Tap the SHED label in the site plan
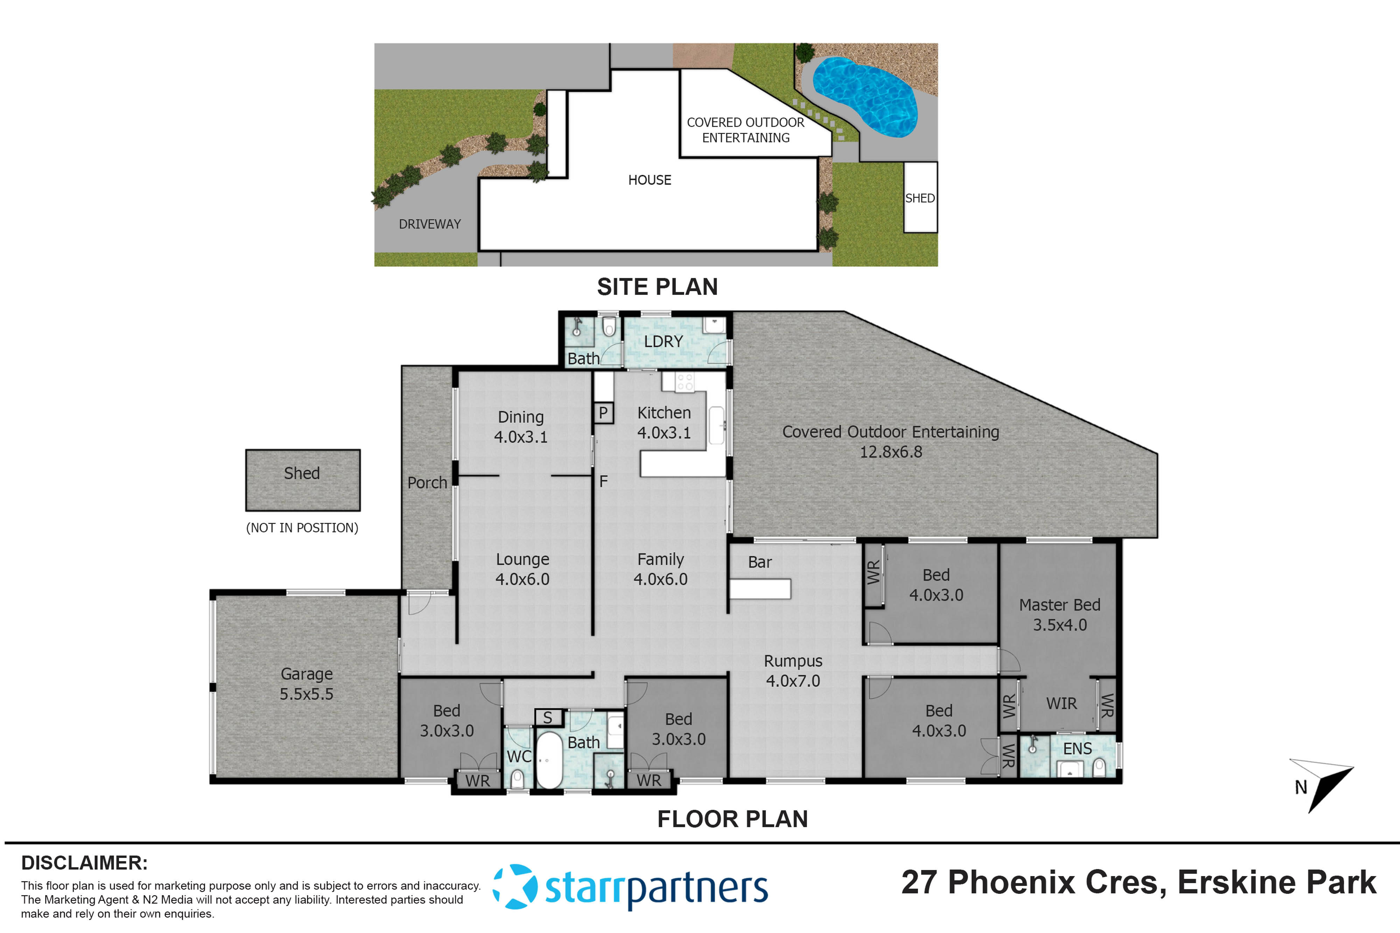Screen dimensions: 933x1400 [x=920, y=198]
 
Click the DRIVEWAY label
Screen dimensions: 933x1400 [x=430, y=224]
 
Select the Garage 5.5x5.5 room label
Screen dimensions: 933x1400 [x=307, y=684]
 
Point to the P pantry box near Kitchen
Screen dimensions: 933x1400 [x=603, y=413]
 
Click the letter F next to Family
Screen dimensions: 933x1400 [x=603, y=481]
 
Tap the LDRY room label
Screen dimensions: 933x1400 [x=663, y=341]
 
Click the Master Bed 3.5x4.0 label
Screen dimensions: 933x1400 [x=1059, y=615]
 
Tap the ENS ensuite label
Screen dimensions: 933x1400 [x=1077, y=749]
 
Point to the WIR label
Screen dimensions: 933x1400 [x=1061, y=703]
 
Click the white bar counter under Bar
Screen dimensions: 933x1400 [x=760, y=589]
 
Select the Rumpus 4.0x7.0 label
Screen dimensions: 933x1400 [x=793, y=671]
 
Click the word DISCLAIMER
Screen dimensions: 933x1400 [x=84, y=863]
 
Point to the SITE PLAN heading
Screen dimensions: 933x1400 [x=657, y=287]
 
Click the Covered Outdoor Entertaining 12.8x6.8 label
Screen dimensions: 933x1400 [x=890, y=441]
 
